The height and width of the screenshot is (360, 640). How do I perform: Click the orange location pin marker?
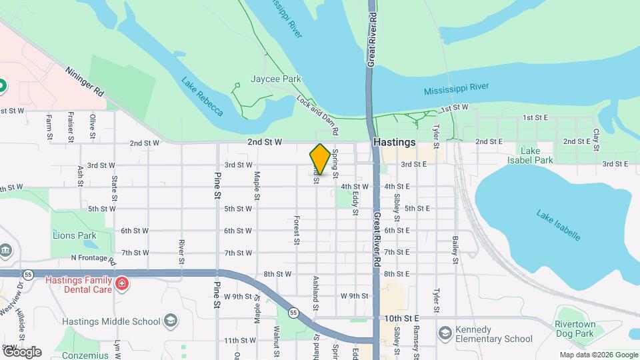coord(320,159)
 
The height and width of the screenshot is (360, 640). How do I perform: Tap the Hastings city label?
coord(395,142)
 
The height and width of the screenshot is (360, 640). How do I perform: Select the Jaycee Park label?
coord(276,79)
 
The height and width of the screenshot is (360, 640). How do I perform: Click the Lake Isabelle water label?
coord(558,225)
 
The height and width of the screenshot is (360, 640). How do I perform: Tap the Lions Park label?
coord(74,235)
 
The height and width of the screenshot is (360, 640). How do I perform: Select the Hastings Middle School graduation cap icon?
coord(171,321)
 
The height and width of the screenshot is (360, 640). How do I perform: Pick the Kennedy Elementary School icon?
coord(445,332)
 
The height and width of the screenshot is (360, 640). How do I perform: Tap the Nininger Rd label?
coord(85,81)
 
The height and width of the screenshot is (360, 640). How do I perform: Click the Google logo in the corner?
coord(22,351)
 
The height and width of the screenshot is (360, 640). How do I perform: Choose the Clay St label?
coord(597,139)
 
